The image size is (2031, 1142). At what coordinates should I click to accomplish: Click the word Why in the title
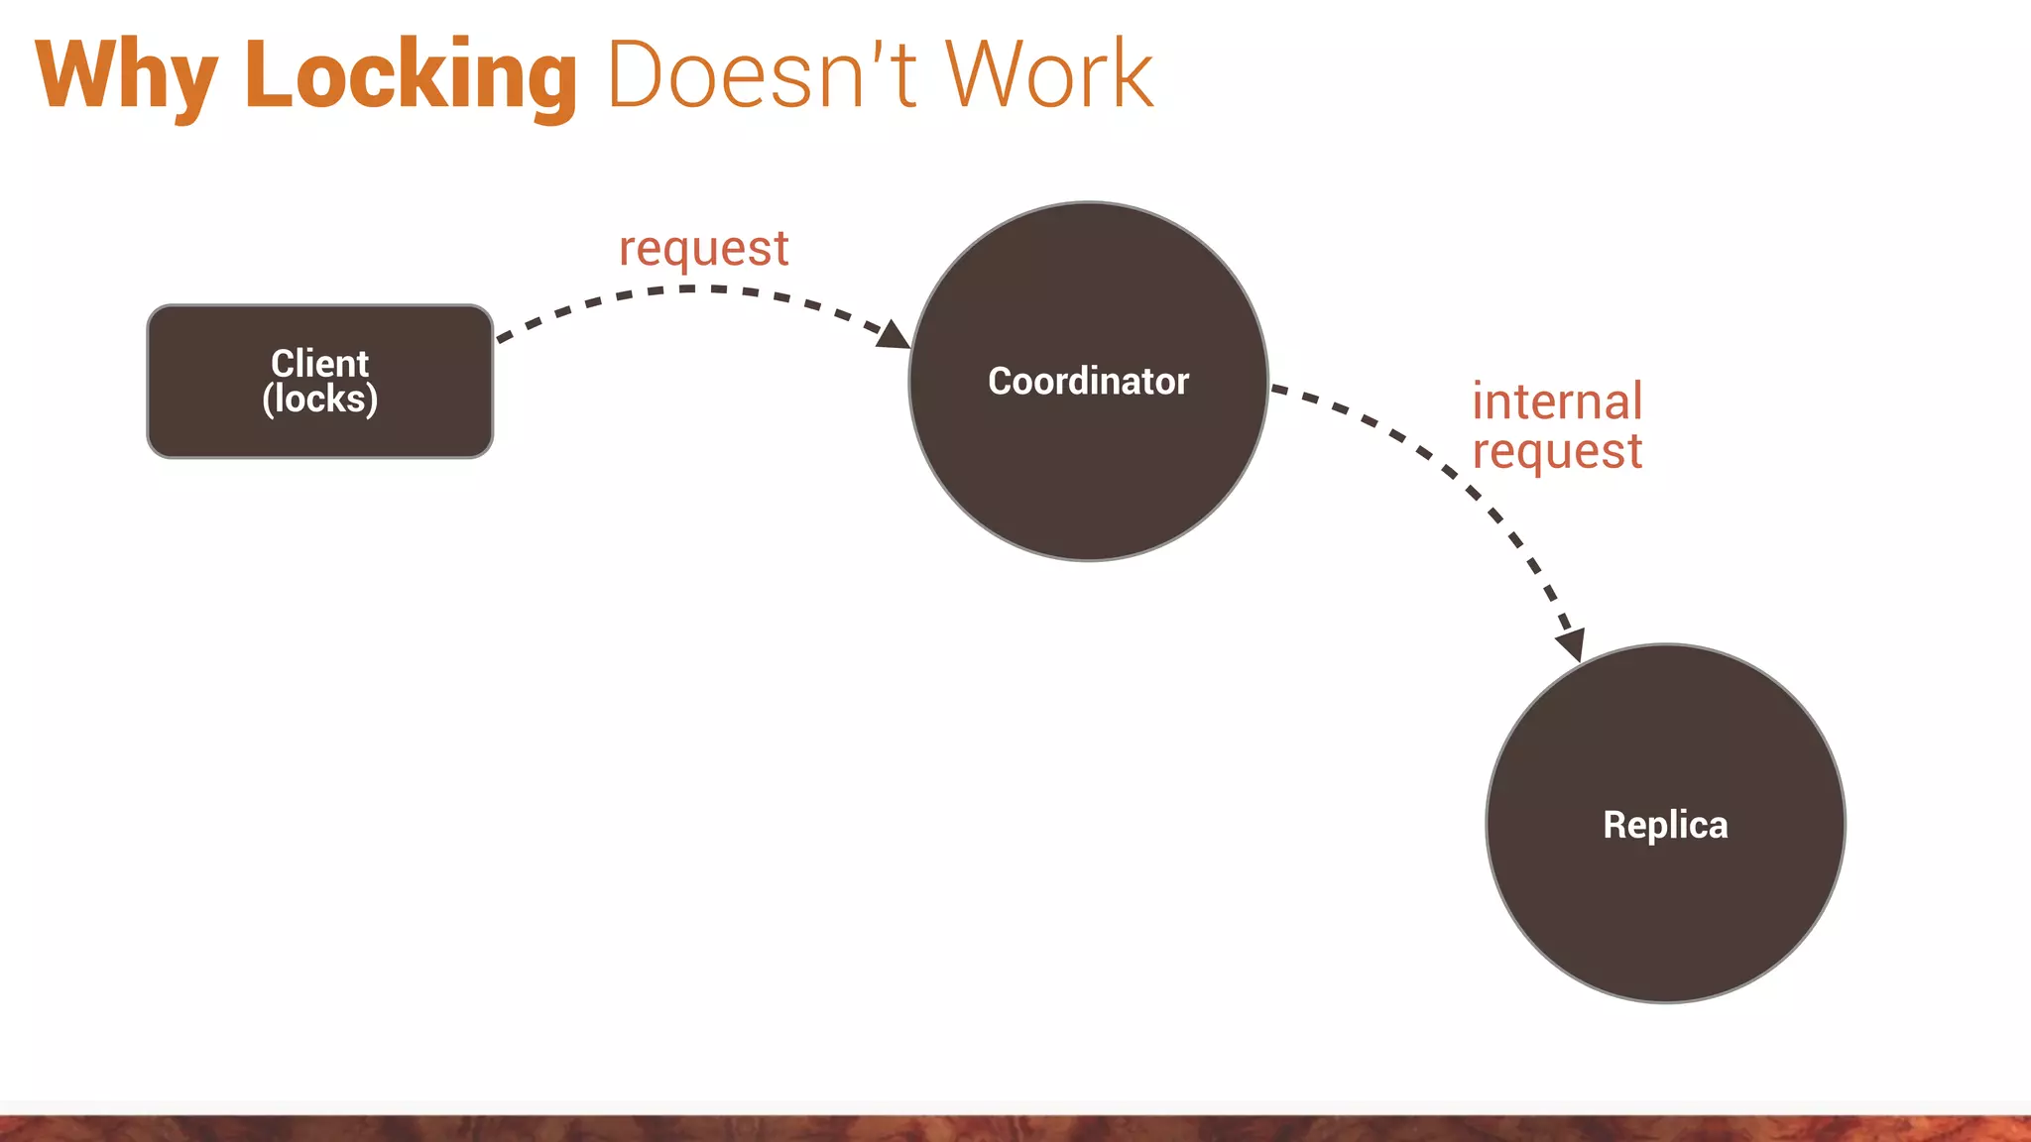pyautogui.click(x=126, y=76)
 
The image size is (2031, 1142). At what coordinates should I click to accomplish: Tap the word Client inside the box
pyautogui.click(x=319, y=363)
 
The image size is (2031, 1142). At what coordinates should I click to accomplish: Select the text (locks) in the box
pyautogui.click(x=319, y=400)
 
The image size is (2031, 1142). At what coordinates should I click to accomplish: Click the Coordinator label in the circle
pyautogui.click(x=1088, y=382)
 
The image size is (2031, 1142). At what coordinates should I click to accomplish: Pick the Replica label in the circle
pyautogui.click(x=1665, y=825)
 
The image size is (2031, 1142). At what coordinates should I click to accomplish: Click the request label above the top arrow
pyautogui.click(x=703, y=249)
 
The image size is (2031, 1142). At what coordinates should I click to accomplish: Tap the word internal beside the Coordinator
pyautogui.click(x=1557, y=401)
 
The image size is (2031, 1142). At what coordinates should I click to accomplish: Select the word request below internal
pyautogui.click(x=1557, y=452)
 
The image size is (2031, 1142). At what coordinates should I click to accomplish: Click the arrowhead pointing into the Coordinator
pyautogui.click(x=895, y=335)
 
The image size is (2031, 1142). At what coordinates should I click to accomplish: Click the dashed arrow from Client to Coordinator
pyautogui.click(x=684, y=289)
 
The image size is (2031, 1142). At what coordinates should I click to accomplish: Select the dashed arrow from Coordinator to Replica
pyautogui.click(x=1458, y=476)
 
